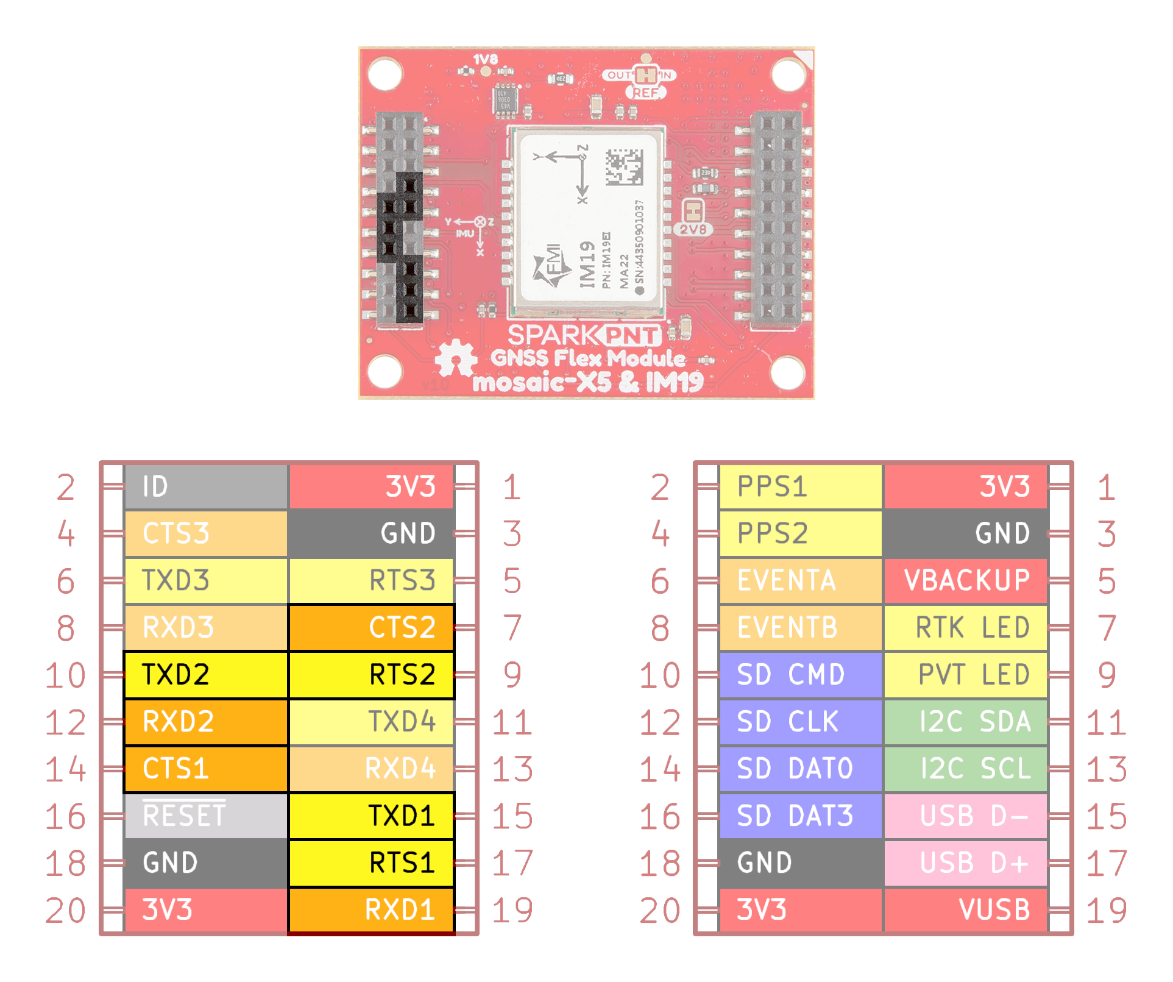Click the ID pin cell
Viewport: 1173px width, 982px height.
[205, 486]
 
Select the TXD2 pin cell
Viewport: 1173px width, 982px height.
[205, 675]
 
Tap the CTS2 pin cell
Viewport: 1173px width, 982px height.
[371, 627]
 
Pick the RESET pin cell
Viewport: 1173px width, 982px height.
[205, 816]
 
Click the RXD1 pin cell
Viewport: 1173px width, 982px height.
[371, 909]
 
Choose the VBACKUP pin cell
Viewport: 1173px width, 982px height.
[966, 580]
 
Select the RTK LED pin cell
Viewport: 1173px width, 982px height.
[966, 627]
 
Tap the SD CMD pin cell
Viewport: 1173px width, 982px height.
[801, 675]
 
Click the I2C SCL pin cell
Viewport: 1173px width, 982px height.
[966, 769]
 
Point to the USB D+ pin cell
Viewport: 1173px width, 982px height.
[966, 863]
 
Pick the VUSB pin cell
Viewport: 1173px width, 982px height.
[966, 909]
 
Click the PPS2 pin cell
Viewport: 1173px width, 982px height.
[801, 533]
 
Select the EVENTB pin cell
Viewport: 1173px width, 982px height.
[801, 627]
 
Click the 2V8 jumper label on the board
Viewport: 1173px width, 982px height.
[693, 230]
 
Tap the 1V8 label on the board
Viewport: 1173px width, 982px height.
[486, 59]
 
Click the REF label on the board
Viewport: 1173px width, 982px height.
[645, 93]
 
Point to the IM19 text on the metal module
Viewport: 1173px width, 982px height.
[587, 263]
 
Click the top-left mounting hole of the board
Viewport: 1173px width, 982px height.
[385, 73]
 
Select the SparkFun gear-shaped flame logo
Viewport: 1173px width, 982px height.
[456, 358]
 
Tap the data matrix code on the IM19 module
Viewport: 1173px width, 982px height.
[624, 167]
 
